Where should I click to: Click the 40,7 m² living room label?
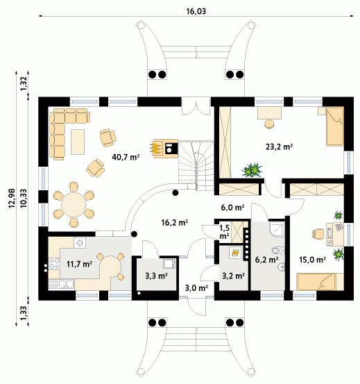pos(126,157)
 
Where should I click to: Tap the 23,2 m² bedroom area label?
pos(279,147)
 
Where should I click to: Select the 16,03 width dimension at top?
pos(196,11)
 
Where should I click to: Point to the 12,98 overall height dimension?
pos(12,199)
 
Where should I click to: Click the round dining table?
pos(74,204)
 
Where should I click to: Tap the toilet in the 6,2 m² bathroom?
pos(278,251)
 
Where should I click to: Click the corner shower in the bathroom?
pos(277,229)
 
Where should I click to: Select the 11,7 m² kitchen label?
pos(79,264)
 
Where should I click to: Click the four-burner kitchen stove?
pos(54,263)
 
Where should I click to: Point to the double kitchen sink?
pos(61,284)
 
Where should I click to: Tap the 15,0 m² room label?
pos(312,260)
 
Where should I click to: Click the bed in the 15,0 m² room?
pos(320,282)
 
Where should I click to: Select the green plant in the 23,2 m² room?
pos(252,169)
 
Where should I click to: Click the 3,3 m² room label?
pos(156,276)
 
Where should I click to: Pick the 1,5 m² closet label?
pos(225,232)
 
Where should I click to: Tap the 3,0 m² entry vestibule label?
pos(196,288)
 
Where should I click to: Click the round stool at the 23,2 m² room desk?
pos(269,124)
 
